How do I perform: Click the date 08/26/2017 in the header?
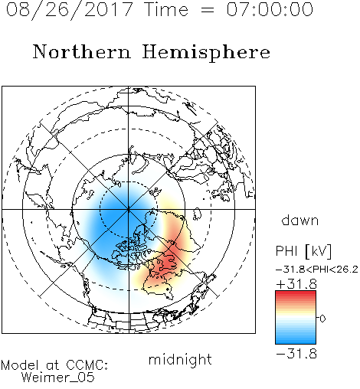click(69, 10)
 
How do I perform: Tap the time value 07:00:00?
click(270, 9)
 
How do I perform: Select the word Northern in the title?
click(82, 52)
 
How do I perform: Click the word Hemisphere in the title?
click(206, 53)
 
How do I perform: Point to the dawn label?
click(300, 220)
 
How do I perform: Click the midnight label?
click(180, 360)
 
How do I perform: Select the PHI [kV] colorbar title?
click(304, 251)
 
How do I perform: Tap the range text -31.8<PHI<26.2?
click(317, 270)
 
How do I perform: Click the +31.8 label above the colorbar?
click(296, 284)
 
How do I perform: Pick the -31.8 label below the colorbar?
click(296, 354)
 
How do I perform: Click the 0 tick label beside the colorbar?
click(322, 319)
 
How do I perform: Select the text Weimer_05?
click(58, 378)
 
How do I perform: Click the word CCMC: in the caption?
click(87, 365)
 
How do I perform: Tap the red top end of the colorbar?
click(296, 293)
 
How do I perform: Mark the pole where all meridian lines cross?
click(129, 209)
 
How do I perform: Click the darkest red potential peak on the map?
click(167, 262)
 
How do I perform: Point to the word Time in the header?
click(166, 9)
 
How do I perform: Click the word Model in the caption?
click(21, 365)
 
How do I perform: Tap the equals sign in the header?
click(208, 10)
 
